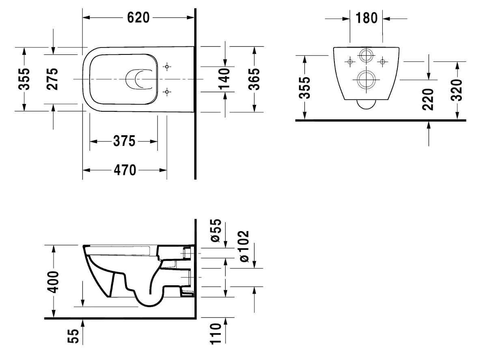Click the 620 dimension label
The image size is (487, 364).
(138, 17)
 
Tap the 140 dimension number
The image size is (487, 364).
(224, 78)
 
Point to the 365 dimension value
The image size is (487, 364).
(254, 78)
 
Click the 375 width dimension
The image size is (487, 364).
(124, 141)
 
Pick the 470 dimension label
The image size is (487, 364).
(125, 170)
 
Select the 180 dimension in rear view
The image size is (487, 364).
(366, 18)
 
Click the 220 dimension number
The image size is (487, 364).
(429, 99)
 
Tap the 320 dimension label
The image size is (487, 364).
(457, 90)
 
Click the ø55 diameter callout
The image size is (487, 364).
(216, 231)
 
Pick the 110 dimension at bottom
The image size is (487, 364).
(216, 334)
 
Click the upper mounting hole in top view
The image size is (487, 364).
(167, 66)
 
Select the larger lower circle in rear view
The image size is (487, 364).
(366, 80)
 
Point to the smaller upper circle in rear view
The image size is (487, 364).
(366, 56)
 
